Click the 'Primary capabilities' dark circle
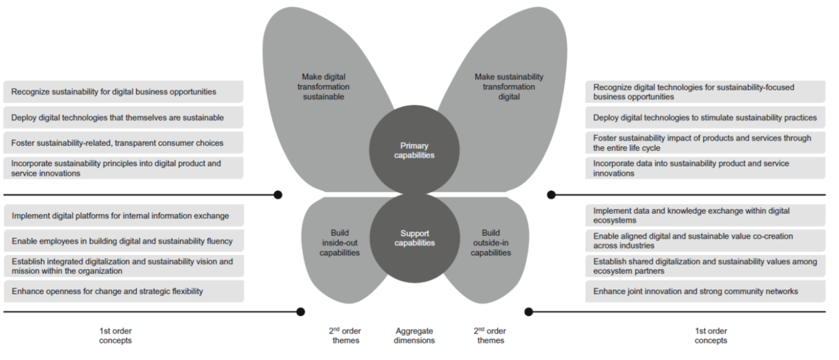[x=414, y=150]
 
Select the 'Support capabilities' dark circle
[x=414, y=238]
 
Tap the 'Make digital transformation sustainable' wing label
[x=323, y=87]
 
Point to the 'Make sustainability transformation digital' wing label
[x=509, y=87]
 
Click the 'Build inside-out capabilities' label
[x=339, y=242]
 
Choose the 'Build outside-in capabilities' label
[x=491, y=242]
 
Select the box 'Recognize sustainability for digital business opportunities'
[x=123, y=92]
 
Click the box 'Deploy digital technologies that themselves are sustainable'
[x=123, y=118]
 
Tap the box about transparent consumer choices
[x=123, y=143]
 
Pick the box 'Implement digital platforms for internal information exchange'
[x=123, y=216]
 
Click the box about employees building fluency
[x=123, y=241]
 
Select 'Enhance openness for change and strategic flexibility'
[x=123, y=292]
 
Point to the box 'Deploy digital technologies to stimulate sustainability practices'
[x=704, y=118]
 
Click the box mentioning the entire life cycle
[x=704, y=143]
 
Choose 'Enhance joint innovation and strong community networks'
[x=704, y=292]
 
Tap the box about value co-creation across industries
[x=704, y=241]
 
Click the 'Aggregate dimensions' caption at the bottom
[x=414, y=336]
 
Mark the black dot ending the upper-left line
[x=278, y=195]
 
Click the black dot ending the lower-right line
[x=529, y=311]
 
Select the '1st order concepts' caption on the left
[x=115, y=336]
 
